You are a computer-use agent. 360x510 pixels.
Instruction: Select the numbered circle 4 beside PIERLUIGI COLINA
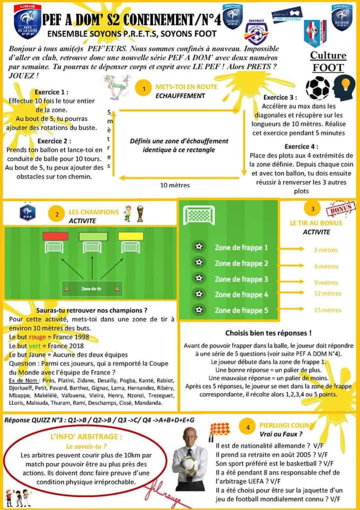click(x=248, y=427)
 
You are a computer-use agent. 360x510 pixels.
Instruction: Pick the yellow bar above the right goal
click(x=131, y=236)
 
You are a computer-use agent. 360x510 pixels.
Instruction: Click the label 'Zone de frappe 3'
click(x=241, y=279)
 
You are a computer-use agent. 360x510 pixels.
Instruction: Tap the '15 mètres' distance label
click(x=327, y=310)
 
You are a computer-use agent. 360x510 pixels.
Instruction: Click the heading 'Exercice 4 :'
click(x=301, y=147)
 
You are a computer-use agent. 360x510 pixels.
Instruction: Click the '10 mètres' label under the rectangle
click(x=175, y=185)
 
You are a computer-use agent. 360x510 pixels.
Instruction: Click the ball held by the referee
click(x=190, y=463)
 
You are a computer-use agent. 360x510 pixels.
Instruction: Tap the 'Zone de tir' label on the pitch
click(x=92, y=290)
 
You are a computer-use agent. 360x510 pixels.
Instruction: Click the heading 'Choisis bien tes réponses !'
click(x=268, y=333)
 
